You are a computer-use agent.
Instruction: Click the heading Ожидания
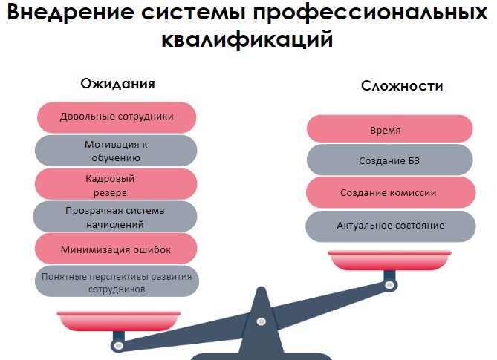(117, 83)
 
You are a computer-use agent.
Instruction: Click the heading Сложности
(402, 85)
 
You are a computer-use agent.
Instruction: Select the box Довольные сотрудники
(117, 117)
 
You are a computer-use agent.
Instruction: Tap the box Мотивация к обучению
(117, 151)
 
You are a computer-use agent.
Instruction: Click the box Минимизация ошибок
(116, 249)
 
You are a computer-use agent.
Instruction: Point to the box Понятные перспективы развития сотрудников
(117, 283)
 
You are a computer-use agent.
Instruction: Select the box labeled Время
(389, 129)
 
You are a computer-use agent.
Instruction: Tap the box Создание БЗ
(389, 160)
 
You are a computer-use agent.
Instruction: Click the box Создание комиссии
(389, 192)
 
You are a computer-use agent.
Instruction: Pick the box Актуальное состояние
(390, 225)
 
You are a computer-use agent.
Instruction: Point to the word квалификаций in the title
(248, 39)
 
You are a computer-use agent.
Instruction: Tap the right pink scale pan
(389, 261)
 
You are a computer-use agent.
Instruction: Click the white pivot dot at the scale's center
(261, 321)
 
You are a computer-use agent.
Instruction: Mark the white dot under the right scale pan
(389, 283)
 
